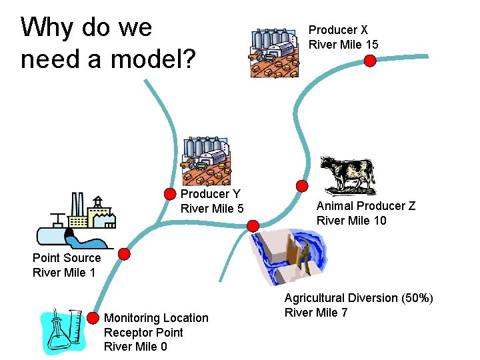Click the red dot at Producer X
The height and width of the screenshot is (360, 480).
(x=371, y=60)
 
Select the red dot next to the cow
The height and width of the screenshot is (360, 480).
(x=302, y=186)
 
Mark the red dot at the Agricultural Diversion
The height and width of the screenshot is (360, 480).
(x=253, y=225)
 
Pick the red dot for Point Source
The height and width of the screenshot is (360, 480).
(x=124, y=253)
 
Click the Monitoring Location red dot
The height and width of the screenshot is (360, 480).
(x=93, y=317)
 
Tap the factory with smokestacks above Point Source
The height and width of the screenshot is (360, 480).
(x=77, y=220)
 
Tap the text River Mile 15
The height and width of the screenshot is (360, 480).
(x=343, y=45)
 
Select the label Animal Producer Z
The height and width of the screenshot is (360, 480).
(x=365, y=206)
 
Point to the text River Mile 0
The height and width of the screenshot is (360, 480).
(x=135, y=347)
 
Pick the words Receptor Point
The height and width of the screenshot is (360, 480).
(x=143, y=332)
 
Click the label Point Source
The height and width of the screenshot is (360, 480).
(x=67, y=258)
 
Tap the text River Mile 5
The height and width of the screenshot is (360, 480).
(x=212, y=209)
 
